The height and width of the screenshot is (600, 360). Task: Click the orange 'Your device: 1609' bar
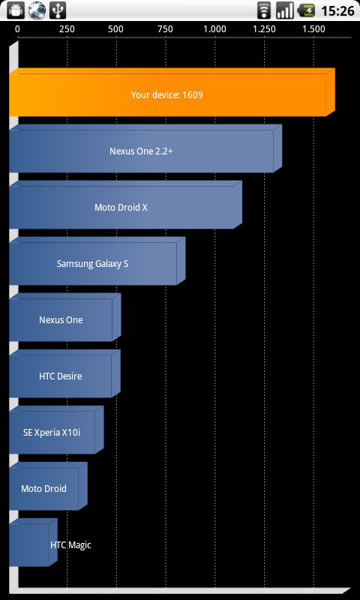pos(172,92)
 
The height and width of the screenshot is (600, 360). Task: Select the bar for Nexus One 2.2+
pos(145,148)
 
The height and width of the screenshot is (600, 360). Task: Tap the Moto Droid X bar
pos(125,205)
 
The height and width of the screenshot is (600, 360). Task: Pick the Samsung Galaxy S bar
pos(97,261)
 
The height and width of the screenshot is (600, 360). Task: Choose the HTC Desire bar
pos(64,373)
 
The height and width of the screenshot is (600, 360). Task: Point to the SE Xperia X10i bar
pos(56,430)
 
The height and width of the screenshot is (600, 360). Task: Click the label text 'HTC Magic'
pos(70,545)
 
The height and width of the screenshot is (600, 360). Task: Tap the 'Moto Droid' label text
pos(43,489)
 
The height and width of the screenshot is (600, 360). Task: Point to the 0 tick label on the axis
pos(17,29)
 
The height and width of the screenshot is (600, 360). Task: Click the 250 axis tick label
pos(67,29)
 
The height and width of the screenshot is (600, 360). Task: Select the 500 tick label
pos(116,29)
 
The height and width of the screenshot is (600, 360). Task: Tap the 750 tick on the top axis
pos(165,29)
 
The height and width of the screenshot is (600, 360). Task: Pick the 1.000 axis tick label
pos(214,29)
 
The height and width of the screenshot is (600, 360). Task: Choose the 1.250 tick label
pos(264,29)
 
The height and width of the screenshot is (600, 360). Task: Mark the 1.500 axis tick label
pos(313,29)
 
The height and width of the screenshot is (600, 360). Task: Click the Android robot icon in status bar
pos(16,10)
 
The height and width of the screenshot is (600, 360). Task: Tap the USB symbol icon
pos(58,10)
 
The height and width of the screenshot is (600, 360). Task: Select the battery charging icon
pos(306,10)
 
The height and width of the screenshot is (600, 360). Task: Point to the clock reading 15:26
pos(337,10)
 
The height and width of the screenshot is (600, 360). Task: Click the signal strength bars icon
pos(285,10)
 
